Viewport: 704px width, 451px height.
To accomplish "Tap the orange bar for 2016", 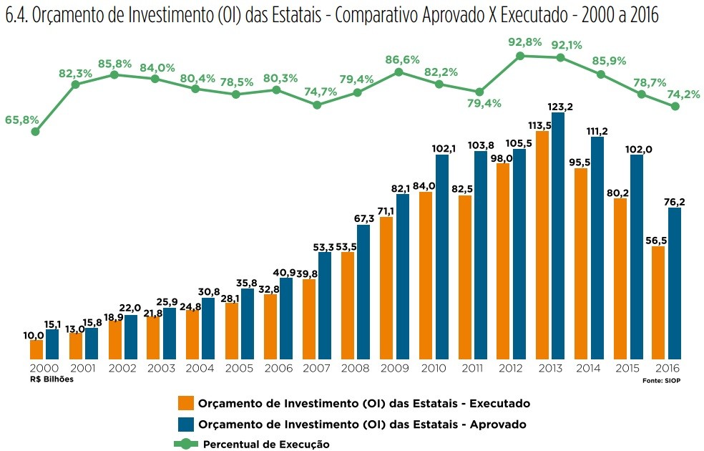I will pyautogui.click(x=659, y=302).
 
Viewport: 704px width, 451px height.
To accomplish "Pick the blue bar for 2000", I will pyautogui.click(x=52, y=344).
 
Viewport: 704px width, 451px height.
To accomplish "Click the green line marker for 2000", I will pyautogui.click(x=35, y=131).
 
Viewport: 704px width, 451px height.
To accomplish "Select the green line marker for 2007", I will pyautogui.click(x=317, y=105).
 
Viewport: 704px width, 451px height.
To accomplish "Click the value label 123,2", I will pyautogui.click(x=560, y=107).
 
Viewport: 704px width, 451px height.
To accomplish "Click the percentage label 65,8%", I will pyautogui.click(x=21, y=120).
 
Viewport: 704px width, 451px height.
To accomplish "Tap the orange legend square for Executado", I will pyautogui.click(x=186, y=403).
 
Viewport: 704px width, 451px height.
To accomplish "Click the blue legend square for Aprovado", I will pyautogui.click(x=186, y=423).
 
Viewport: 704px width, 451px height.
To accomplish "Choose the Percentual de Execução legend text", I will pyautogui.click(x=266, y=444).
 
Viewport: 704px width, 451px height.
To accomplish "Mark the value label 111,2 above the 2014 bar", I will pyautogui.click(x=599, y=130).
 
